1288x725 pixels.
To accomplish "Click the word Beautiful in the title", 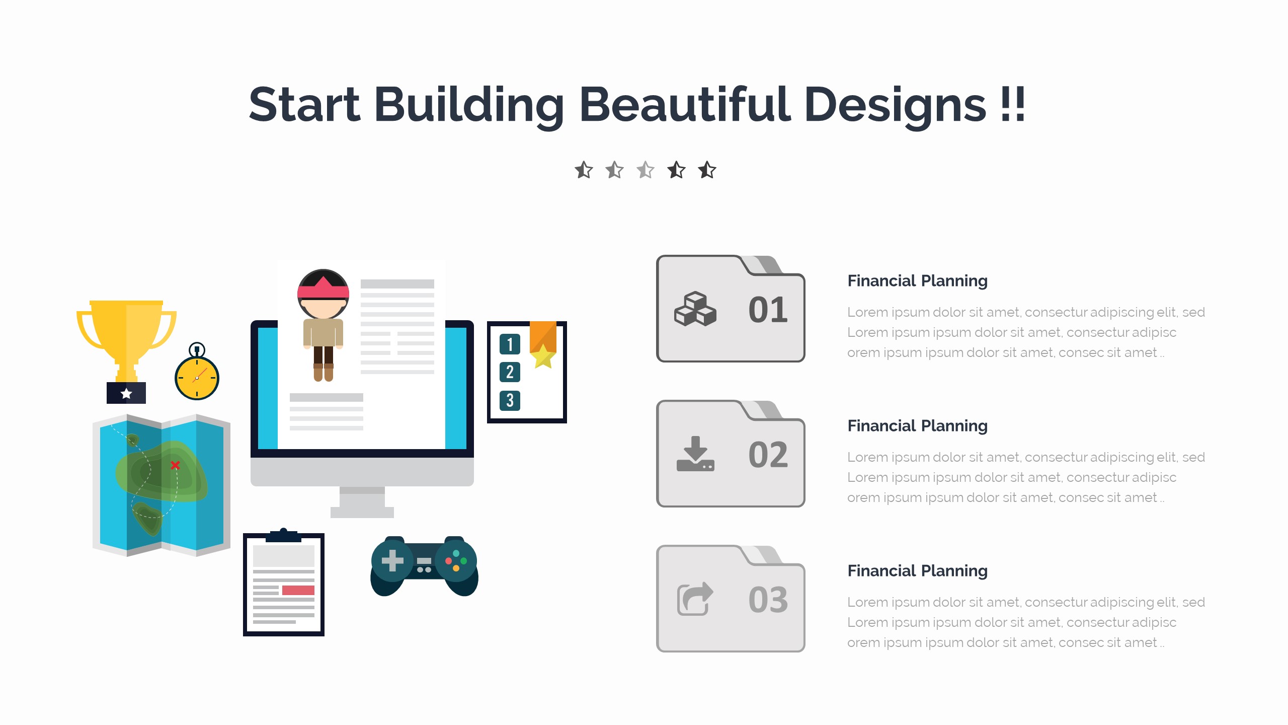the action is (x=685, y=104).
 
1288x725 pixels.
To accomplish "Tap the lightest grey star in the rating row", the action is (x=646, y=170).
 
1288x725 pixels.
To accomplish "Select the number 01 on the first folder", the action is (x=768, y=310).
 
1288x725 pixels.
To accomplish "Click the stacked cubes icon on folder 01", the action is (x=695, y=309).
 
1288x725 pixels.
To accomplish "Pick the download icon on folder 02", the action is (x=695, y=454).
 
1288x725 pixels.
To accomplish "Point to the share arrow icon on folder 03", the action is (x=695, y=599).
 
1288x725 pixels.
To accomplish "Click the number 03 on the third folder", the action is (x=768, y=600).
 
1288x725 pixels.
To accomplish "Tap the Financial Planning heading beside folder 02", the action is (x=917, y=426).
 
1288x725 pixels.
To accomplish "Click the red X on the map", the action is (x=175, y=465).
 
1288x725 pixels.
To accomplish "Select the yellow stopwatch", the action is (x=197, y=373).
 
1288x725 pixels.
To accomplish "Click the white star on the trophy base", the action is (x=126, y=393).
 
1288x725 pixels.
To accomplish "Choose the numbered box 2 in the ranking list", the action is (x=510, y=372).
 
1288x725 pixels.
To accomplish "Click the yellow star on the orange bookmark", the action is (x=543, y=356).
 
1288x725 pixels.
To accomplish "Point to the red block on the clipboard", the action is (x=298, y=590).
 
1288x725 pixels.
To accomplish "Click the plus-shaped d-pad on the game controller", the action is (x=392, y=560).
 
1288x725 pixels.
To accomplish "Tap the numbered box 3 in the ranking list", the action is (x=510, y=401).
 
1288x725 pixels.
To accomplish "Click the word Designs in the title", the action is (x=895, y=106).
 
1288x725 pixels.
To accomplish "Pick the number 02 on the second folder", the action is (x=768, y=455).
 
